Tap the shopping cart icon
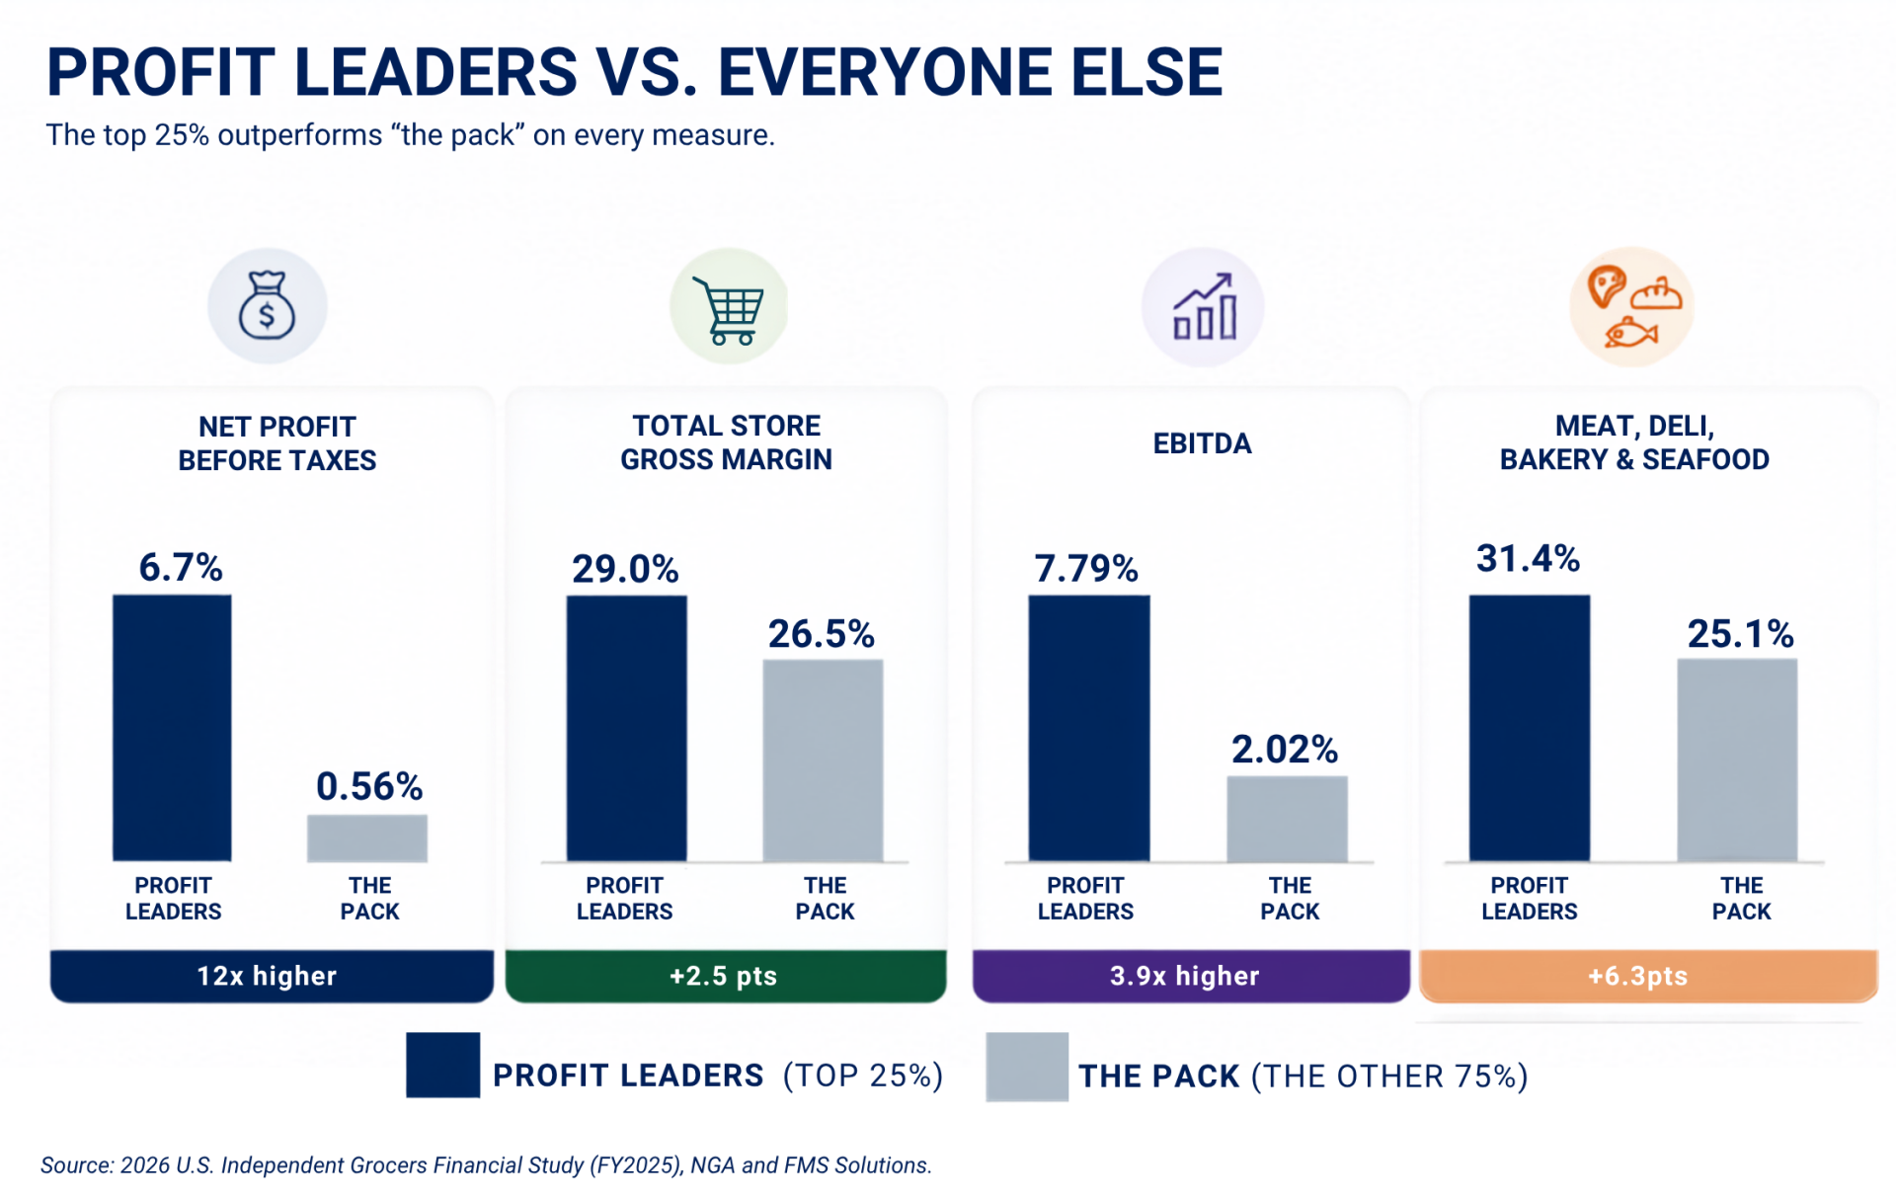coord(729,310)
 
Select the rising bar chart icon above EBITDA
coord(1204,306)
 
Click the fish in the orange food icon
coord(1630,333)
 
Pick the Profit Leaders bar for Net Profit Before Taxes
coord(172,728)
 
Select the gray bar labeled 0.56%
coord(367,838)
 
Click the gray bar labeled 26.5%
coord(823,760)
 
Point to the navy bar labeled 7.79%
coord(1089,728)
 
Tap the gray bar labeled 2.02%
coord(1287,819)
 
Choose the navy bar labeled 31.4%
coord(1530,728)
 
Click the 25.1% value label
coord(1740,634)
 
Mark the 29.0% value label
coord(625,569)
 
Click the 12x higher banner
coord(272,976)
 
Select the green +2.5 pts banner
coord(726,976)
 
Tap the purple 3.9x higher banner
coord(1191,976)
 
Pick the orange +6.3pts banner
coord(1648,976)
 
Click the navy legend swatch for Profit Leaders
coord(443,1065)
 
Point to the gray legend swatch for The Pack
coord(1027,1067)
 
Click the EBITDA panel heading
coord(1202,443)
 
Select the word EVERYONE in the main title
coord(887,72)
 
